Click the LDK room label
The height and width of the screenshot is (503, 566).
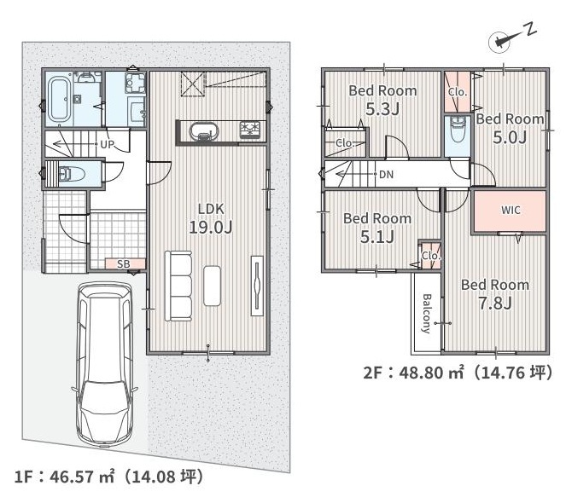211,209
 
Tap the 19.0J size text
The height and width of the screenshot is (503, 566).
211,227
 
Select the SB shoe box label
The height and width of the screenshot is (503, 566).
124,264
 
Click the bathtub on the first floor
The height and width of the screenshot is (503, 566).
59,100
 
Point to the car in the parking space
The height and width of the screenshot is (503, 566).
105,364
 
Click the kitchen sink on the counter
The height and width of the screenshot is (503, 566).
204,132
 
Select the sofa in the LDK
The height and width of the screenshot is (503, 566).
178,286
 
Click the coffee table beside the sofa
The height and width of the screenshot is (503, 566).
213,286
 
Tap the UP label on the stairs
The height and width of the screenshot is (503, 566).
108,145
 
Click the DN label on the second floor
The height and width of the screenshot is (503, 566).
386,175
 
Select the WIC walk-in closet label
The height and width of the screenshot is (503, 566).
511,210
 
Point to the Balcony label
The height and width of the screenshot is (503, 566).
427,314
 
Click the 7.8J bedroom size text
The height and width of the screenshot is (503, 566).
495,304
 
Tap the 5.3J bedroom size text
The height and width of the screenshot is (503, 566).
382,109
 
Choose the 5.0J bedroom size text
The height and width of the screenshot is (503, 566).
510,137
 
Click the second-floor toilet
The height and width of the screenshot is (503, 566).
458,129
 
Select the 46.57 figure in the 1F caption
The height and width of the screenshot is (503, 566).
72,477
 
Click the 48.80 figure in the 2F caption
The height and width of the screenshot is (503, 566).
421,373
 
